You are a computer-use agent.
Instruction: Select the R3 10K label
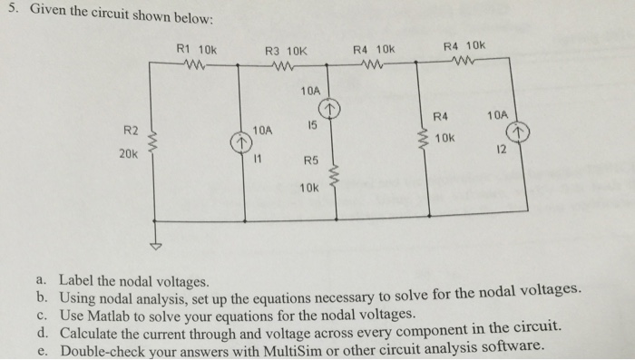click(x=283, y=51)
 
